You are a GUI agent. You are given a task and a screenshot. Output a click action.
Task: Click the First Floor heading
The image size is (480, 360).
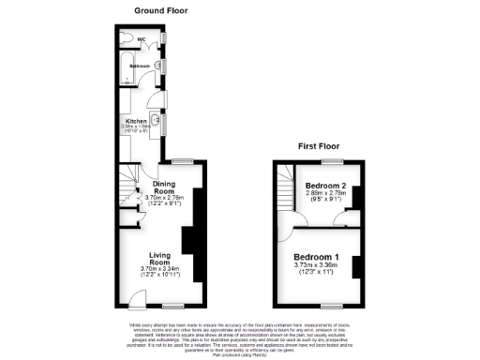[318, 146]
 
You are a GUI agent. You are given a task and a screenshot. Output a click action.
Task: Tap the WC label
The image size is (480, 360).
[142, 39]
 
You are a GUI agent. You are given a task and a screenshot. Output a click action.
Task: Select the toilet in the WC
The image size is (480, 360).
[128, 38]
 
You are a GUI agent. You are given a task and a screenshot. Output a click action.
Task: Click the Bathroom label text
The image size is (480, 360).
[141, 67]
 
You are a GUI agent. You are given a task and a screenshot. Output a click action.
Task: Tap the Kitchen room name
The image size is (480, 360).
[137, 121]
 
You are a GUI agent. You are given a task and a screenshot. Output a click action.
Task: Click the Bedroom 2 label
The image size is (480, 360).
[325, 187]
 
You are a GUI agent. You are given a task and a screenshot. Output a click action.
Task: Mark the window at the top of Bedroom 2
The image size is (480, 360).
[329, 160]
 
